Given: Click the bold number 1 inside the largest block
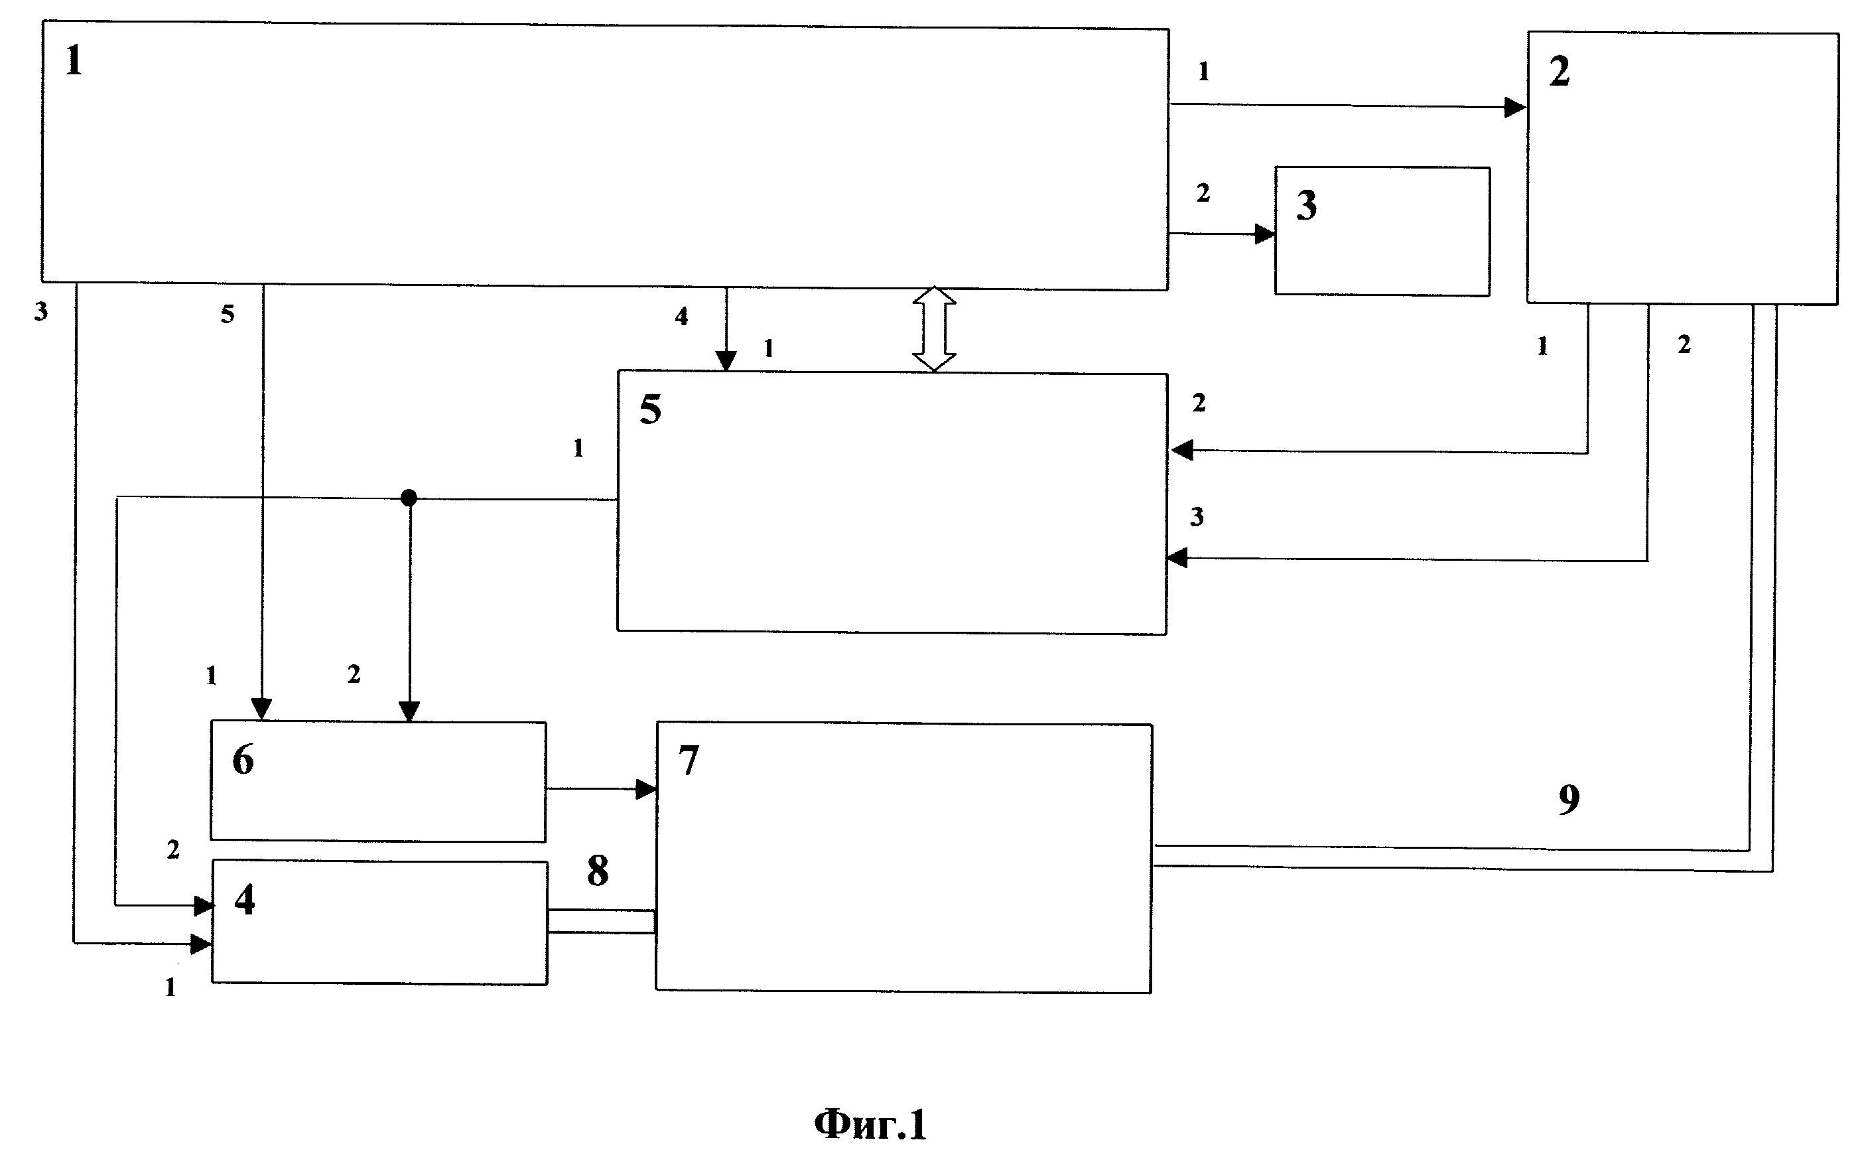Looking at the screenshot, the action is tap(73, 60).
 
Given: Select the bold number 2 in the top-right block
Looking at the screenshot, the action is tap(1559, 72).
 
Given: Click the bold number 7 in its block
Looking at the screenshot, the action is tap(688, 760).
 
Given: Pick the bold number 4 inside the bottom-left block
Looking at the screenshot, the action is tap(244, 899).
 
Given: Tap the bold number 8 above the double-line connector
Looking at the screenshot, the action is tap(597, 870).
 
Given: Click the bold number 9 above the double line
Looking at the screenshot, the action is tap(1568, 799).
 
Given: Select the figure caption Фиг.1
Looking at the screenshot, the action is tap(870, 1124).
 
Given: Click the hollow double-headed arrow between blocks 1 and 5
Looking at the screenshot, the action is tap(935, 329).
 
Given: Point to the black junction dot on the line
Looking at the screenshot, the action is tap(409, 498).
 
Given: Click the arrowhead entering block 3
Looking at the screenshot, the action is tap(1266, 234).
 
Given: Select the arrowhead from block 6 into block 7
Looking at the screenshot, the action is tap(647, 789).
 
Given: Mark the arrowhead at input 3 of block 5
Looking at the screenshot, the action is tap(1177, 559).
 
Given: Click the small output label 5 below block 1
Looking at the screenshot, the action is tap(228, 314).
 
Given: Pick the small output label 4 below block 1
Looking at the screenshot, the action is tap(681, 316).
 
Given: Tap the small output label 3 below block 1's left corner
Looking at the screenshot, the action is tap(41, 311).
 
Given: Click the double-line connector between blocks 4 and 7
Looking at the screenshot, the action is tap(601, 922).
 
